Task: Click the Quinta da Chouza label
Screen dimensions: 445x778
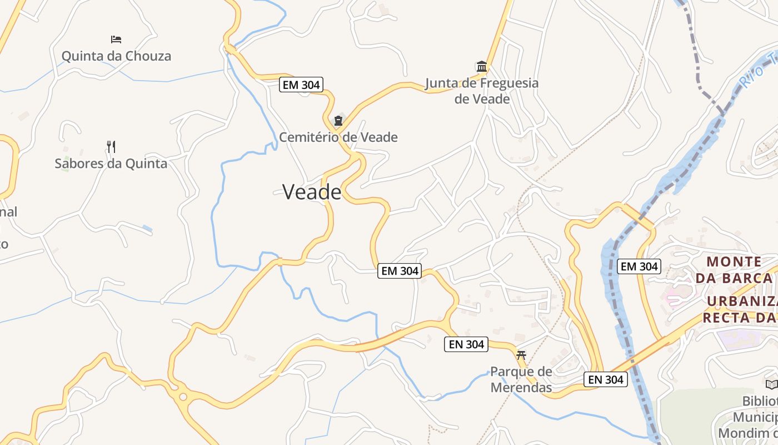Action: [x=116, y=56]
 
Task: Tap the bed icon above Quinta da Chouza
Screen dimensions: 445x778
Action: [x=116, y=39]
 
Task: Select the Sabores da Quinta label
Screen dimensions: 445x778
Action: [x=111, y=164]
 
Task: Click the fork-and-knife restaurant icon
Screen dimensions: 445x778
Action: [x=111, y=147]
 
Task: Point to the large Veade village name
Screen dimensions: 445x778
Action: [x=312, y=192]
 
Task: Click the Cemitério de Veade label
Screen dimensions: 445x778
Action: [x=338, y=137]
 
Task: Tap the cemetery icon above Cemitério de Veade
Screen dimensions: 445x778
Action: [x=338, y=121]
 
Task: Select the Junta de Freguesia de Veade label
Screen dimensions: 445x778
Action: [x=482, y=91]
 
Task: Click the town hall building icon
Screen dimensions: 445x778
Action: [x=482, y=67]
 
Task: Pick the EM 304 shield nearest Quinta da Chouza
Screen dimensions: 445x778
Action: [x=301, y=85]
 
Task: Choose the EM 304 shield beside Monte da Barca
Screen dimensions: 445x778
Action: [x=639, y=266]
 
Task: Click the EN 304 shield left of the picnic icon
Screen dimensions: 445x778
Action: [x=467, y=344]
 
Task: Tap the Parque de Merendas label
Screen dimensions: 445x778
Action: [x=521, y=379]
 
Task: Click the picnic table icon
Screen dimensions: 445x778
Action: [x=521, y=354]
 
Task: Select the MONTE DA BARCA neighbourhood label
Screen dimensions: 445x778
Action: [x=734, y=269]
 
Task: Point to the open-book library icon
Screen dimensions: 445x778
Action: [x=771, y=384]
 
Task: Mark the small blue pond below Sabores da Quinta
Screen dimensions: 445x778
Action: [x=147, y=229]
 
